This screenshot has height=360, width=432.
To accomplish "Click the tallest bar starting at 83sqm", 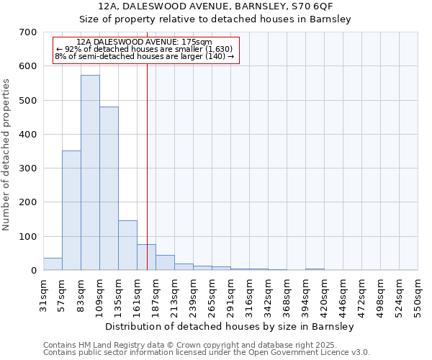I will coord(90,173).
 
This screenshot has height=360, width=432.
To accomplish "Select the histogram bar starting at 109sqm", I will coord(109,189).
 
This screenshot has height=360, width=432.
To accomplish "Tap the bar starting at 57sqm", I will coord(71,210).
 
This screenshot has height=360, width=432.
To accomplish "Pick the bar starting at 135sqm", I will coord(127,246).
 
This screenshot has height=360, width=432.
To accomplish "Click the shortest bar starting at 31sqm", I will coord(53,264).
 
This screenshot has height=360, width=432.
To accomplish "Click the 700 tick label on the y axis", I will coord(28,32).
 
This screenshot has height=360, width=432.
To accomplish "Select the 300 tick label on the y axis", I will coord(28,168).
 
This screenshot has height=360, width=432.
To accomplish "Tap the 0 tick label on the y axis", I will coord(33,271).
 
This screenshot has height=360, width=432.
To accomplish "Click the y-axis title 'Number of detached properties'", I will coord(7,155).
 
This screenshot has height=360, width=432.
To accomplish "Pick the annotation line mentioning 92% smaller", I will coord(144,50).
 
